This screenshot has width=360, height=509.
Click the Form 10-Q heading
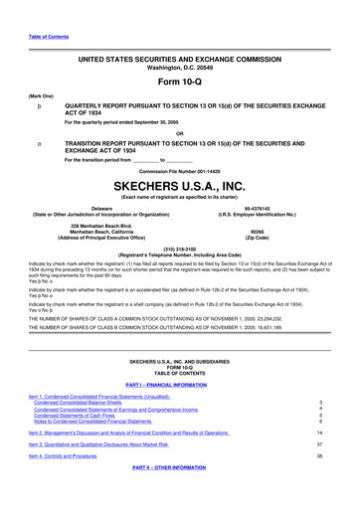[x=179, y=81]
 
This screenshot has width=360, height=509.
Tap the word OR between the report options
[x=179, y=134]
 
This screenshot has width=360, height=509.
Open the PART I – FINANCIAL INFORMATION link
[x=179, y=370]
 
